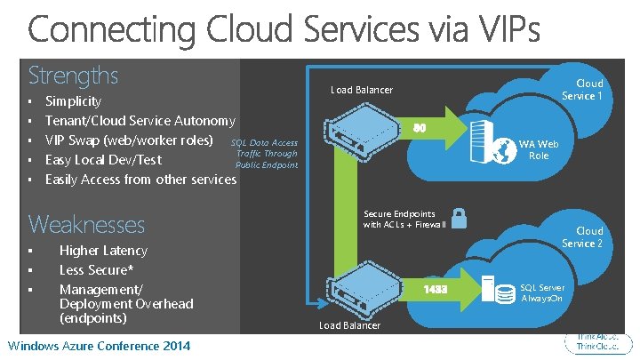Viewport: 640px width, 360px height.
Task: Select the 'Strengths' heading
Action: (x=73, y=74)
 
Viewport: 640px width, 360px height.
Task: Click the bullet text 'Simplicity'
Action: (x=73, y=101)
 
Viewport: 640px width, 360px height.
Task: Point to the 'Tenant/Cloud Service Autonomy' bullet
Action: (x=140, y=121)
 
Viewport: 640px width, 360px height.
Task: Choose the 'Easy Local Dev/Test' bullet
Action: (x=103, y=160)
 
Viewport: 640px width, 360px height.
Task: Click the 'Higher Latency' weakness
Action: (x=103, y=251)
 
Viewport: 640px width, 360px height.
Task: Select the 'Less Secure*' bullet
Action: (x=96, y=270)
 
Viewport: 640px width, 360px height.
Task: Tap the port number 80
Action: (x=419, y=129)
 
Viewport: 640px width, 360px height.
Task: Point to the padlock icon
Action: (x=460, y=218)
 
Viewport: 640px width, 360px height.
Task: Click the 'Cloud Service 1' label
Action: (x=582, y=90)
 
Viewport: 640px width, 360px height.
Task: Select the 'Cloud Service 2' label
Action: (x=582, y=237)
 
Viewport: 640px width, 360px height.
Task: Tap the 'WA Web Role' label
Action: (x=539, y=149)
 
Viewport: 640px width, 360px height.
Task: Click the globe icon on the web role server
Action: (x=505, y=151)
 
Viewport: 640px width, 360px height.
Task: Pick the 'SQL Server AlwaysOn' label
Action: (x=541, y=292)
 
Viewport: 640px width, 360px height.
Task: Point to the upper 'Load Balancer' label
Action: (x=362, y=90)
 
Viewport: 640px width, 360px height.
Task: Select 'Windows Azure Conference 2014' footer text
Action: (x=98, y=345)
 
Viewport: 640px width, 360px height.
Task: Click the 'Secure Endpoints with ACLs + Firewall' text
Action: (x=404, y=220)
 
